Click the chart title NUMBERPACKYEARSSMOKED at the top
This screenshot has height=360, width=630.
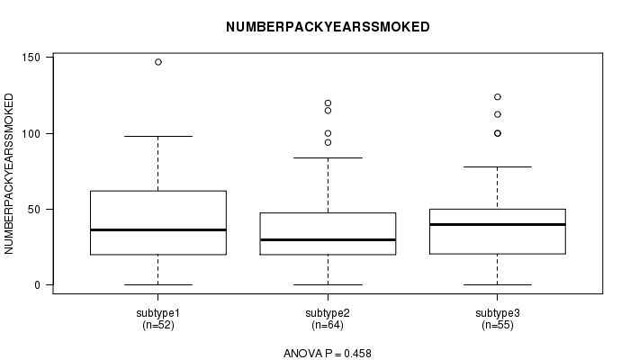coord(328,27)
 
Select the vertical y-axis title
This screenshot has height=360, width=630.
coord(9,174)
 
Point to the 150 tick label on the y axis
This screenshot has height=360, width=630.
coord(31,58)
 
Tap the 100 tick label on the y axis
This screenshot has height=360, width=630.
coord(31,133)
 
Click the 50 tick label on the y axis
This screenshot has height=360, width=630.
coord(34,210)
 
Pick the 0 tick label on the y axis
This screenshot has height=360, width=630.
coord(38,285)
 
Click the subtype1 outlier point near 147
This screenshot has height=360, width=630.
coord(158,62)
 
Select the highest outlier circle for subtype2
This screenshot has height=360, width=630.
coord(328,103)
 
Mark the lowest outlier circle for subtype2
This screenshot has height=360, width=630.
coord(328,142)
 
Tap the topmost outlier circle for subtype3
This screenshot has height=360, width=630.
coord(498,97)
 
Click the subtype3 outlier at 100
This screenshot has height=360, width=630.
coord(498,133)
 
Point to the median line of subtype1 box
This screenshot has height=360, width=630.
coord(158,229)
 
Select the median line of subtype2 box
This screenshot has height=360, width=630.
coord(328,240)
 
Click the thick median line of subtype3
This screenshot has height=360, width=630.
coord(498,224)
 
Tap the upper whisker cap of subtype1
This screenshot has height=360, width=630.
coord(158,136)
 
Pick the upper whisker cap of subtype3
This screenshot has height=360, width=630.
coord(498,166)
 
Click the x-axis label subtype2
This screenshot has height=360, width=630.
coord(328,313)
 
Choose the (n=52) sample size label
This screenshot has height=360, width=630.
coord(158,325)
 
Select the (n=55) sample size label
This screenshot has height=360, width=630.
coord(498,325)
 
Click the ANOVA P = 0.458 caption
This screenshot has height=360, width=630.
coord(328,353)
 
